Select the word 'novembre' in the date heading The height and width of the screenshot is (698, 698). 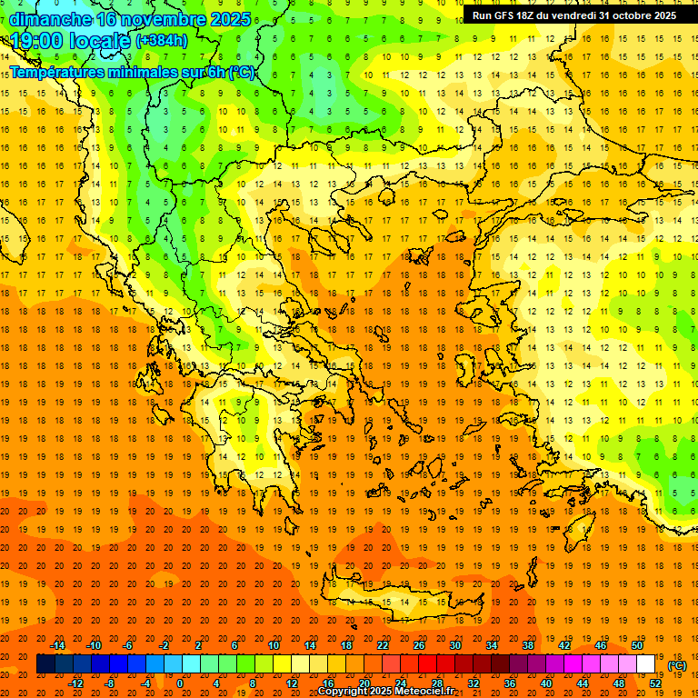[156, 19]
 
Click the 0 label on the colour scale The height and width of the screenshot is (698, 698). [180, 683]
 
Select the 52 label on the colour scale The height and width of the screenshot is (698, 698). [655, 683]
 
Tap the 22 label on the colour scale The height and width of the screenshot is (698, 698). [383, 645]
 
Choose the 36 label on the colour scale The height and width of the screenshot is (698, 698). [510, 683]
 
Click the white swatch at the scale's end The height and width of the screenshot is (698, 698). [646, 664]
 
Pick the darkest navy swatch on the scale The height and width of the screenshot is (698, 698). [45, 664]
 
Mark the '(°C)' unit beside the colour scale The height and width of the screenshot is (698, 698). [677, 664]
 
